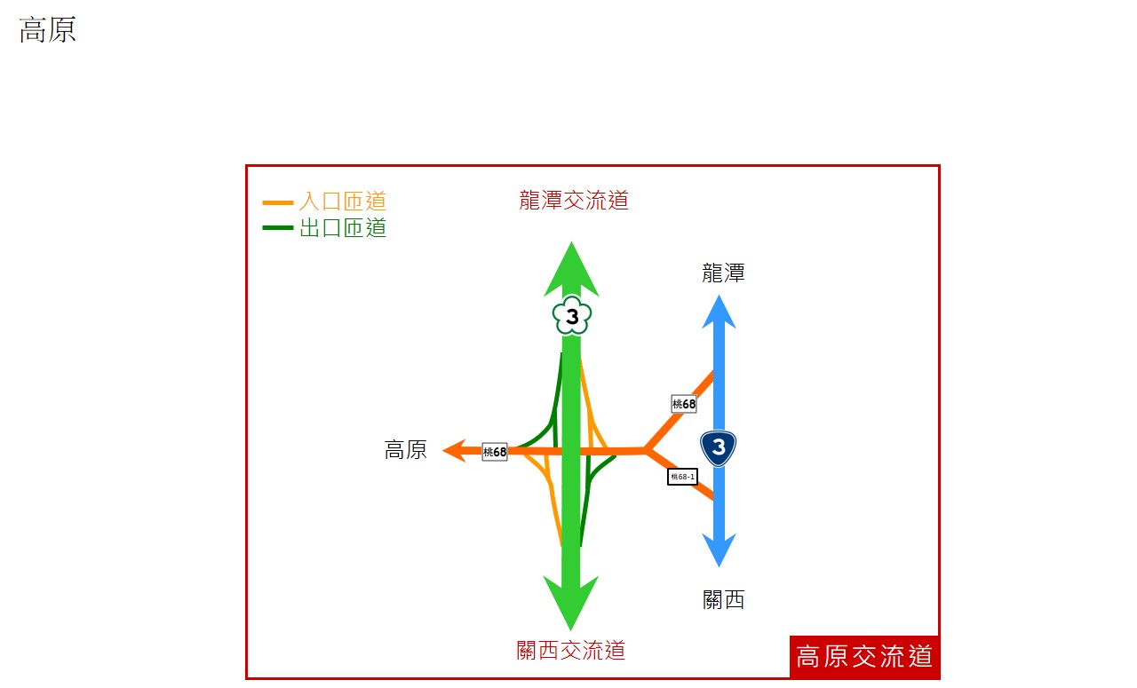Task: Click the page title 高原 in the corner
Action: pos(47,29)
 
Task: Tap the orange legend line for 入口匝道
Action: pos(278,203)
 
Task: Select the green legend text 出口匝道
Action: pos(343,228)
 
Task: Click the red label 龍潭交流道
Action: pos(574,201)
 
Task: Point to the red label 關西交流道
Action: pos(570,651)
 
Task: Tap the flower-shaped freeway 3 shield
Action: pos(572,315)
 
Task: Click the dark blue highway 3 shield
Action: pos(719,448)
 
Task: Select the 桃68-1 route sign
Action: pos(682,477)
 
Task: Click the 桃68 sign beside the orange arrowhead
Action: pos(495,452)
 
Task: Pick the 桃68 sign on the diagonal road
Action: pos(684,404)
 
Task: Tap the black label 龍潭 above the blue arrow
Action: pos(723,273)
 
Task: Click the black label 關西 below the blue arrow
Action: pos(723,600)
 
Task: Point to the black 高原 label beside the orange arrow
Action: pos(406,450)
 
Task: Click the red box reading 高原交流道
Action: pos(864,657)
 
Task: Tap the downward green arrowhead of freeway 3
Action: pos(571,603)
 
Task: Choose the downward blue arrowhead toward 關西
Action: pos(719,550)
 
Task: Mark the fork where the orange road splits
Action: pos(646,450)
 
